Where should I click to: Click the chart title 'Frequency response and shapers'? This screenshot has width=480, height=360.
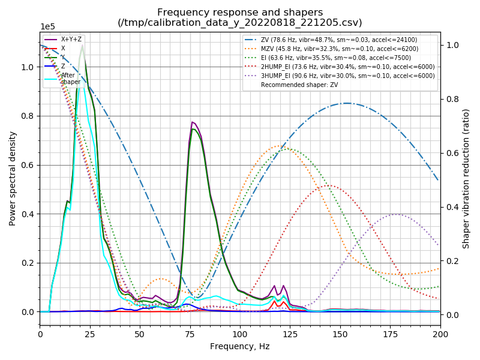click(x=240, y=13)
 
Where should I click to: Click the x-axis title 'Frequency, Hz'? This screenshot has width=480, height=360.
click(x=240, y=347)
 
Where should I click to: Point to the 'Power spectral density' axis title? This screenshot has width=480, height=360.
click(x=13, y=179)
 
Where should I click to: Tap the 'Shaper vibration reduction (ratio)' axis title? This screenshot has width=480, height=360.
click(x=466, y=179)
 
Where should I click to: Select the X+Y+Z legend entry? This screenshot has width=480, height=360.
click(x=71, y=39)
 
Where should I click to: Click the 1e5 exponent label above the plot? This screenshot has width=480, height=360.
click(x=47, y=27)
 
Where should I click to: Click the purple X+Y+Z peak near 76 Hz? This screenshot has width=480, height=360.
click(x=192, y=122)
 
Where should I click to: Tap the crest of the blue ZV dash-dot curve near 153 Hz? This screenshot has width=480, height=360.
click(x=347, y=103)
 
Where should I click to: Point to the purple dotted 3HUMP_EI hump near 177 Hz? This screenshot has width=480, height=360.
click(x=395, y=214)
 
